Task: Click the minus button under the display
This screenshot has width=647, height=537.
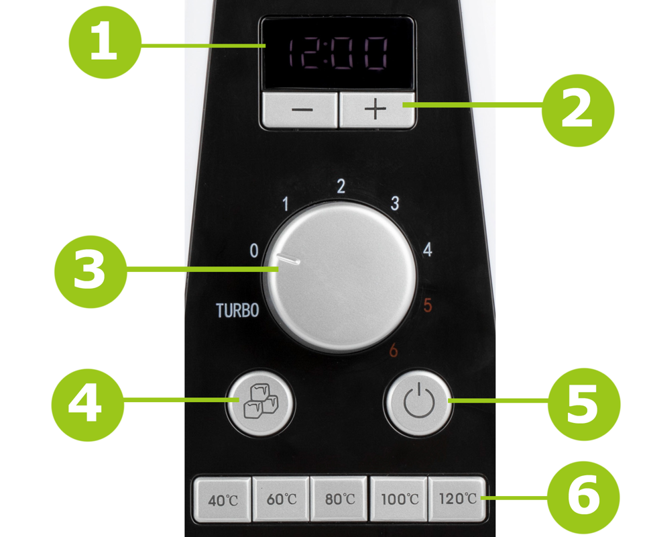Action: pyautogui.click(x=300, y=110)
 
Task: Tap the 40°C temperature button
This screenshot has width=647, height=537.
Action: pyautogui.click(x=223, y=499)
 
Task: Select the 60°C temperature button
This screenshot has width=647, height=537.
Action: pyautogui.click(x=281, y=499)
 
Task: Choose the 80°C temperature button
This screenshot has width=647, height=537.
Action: pyautogui.click(x=339, y=499)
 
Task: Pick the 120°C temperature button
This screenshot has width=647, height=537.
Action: pyautogui.click(x=457, y=498)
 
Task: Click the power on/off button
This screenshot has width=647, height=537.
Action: pyautogui.click(x=418, y=401)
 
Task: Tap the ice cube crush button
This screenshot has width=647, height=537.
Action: pyautogui.click(x=260, y=402)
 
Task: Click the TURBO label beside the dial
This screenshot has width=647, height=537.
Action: pyautogui.click(x=237, y=310)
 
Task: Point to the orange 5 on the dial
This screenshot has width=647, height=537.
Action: pyautogui.click(x=428, y=305)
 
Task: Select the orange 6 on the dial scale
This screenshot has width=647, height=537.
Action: pyautogui.click(x=394, y=350)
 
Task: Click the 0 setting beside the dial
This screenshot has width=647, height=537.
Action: pyautogui.click(x=254, y=251)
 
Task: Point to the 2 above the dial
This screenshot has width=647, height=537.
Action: pyautogui.click(x=341, y=187)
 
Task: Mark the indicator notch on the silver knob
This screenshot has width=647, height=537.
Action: pyautogui.click(x=288, y=258)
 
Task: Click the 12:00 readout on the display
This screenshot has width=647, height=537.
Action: pyautogui.click(x=337, y=53)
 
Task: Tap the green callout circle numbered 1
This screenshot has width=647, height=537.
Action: pyautogui.click(x=105, y=42)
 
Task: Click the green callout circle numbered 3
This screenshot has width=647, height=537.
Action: pyautogui.click(x=91, y=271)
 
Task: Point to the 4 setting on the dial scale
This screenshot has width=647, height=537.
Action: pyautogui.click(x=428, y=250)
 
